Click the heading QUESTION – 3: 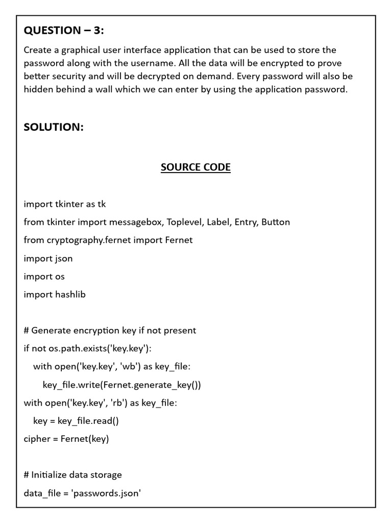pyautogui.click(x=64, y=31)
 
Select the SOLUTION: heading pyautogui.click(x=54, y=127)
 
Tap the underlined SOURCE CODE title pyautogui.click(x=195, y=168)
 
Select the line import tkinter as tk pyautogui.click(x=65, y=204)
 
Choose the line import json pyautogui.click(x=48, y=258)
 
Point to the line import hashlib pyautogui.click(x=55, y=295)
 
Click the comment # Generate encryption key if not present pyautogui.click(x=110, y=330)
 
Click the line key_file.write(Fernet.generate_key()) pyautogui.click(x=122, y=385)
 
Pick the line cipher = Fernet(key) pyautogui.click(x=66, y=439)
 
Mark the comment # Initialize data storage pyautogui.click(x=73, y=475)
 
